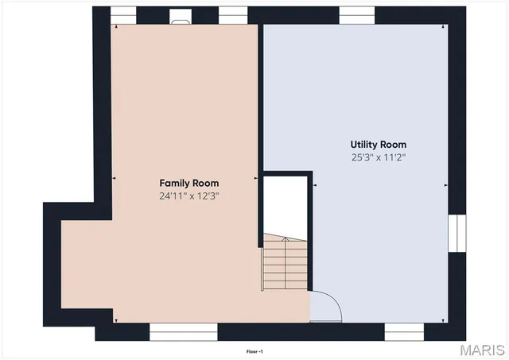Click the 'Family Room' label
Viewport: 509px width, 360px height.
188,183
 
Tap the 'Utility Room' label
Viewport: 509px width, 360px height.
379,145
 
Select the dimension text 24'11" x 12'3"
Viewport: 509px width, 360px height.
188,195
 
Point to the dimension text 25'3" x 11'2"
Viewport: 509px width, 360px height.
379,157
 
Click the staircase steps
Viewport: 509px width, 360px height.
286,266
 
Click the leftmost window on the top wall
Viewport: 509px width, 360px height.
123,14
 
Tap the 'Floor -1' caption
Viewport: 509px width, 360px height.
254,350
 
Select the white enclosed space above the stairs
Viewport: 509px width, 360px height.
285,204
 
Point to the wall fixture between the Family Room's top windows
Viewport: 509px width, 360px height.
181,14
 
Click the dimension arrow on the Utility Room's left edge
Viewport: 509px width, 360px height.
315,185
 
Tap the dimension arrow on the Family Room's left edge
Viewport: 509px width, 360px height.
115,179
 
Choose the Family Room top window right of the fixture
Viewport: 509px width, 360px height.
231,14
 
